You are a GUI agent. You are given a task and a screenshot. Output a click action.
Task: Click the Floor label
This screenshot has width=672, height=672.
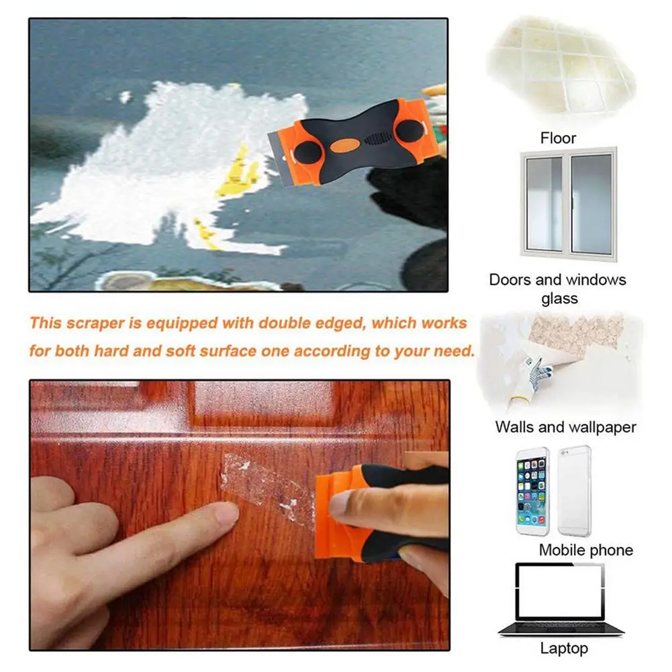[558, 138]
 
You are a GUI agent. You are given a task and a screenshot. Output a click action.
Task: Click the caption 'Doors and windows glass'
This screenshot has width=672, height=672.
[558, 289]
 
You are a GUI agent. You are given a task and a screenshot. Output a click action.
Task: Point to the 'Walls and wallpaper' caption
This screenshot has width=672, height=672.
[566, 427]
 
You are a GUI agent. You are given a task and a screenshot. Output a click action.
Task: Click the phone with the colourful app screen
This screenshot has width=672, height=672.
[533, 491]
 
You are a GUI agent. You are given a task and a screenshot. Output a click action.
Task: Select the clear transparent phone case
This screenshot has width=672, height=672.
[574, 491]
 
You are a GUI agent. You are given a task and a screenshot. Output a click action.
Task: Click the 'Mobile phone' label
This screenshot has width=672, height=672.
[586, 550]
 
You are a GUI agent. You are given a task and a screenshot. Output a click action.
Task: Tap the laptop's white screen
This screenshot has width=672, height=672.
[559, 591]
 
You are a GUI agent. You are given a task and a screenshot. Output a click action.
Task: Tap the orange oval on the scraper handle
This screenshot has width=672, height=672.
[344, 145]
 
